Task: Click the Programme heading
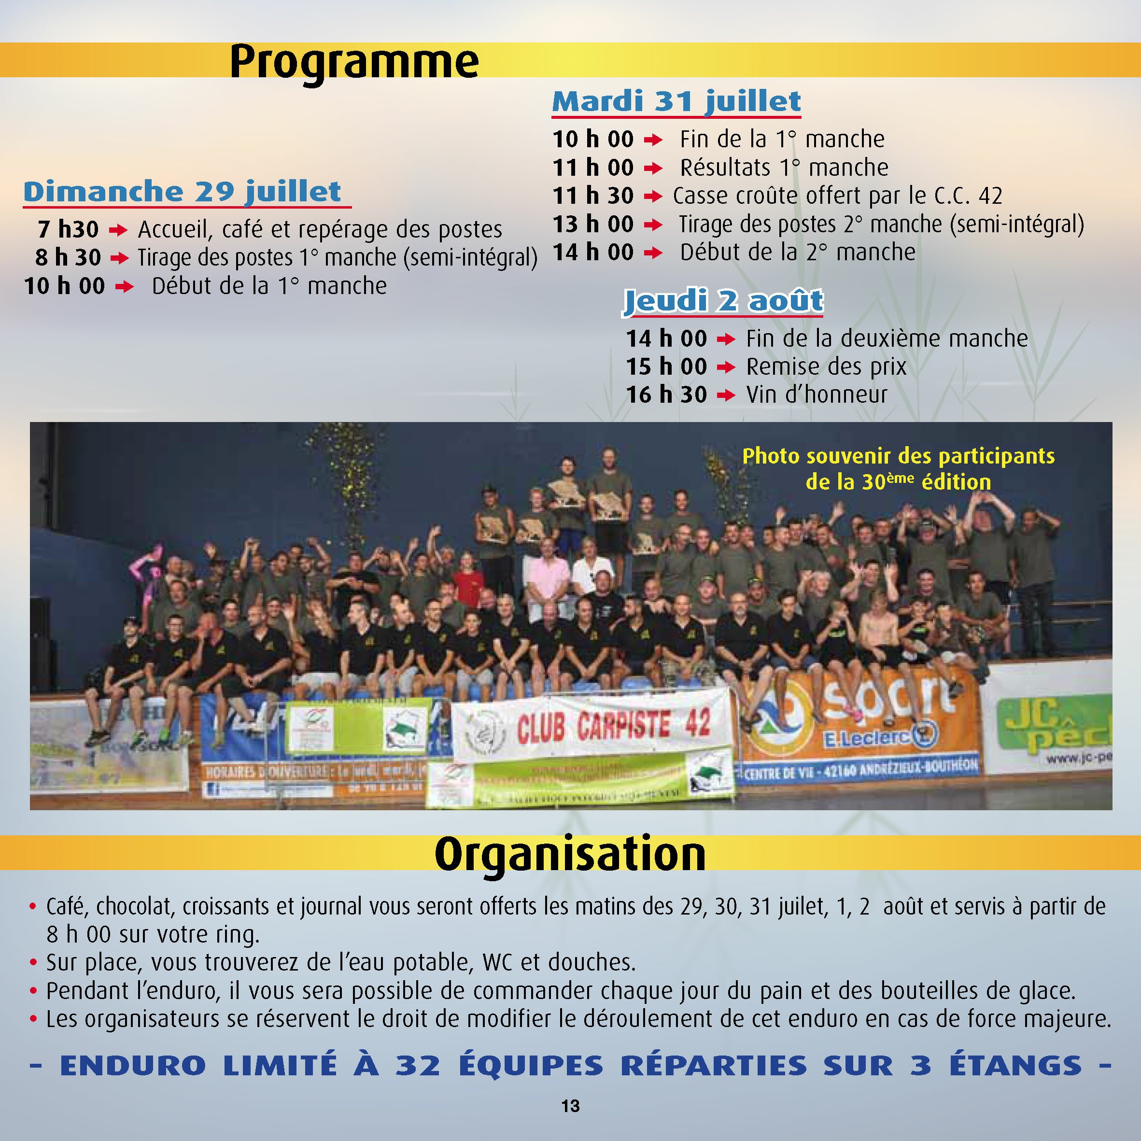[x=354, y=61]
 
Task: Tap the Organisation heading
[x=570, y=854]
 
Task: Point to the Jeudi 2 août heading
[x=723, y=301]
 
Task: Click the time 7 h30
[x=68, y=229]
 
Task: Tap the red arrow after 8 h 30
[x=119, y=258]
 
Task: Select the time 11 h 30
[x=593, y=196]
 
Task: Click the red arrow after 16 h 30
[x=726, y=395]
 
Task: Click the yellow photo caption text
[x=898, y=468]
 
